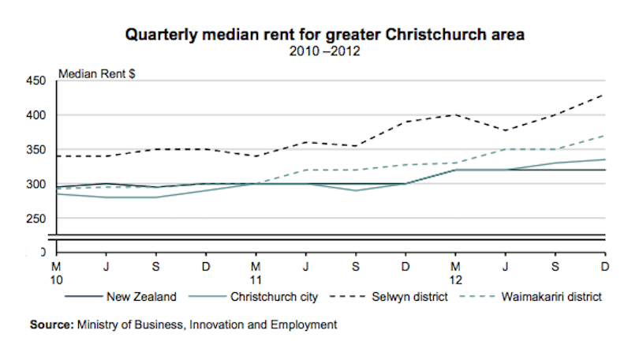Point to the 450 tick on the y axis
pos(37,81)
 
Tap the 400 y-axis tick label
pos(37,115)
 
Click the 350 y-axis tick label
pos(37,150)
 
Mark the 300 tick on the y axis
pos(37,184)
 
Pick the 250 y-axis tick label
pos(37,219)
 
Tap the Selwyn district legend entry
pos(411,298)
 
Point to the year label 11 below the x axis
pos(256,279)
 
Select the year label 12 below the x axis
pos(455,279)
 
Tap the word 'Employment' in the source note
pos(308,324)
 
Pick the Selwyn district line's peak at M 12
pos(455,114)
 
